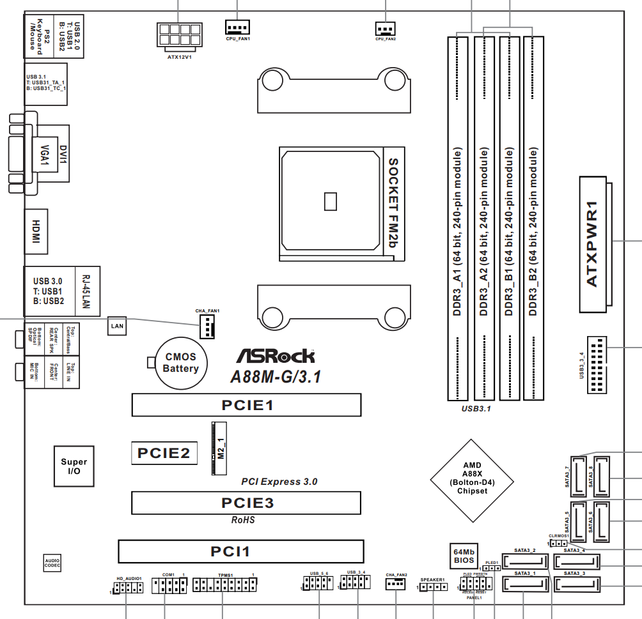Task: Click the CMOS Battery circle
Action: tap(180, 363)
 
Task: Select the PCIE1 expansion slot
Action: tap(247, 405)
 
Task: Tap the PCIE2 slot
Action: tap(164, 453)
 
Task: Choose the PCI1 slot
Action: tap(240, 551)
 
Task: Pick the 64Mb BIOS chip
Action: tap(464, 556)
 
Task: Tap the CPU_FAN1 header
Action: tap(237, 26)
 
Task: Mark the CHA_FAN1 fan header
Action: tap(208, 327)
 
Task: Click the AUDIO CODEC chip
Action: tap(52, 563)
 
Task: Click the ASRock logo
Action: tap(276, 356)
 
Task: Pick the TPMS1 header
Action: tap(224, 584)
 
